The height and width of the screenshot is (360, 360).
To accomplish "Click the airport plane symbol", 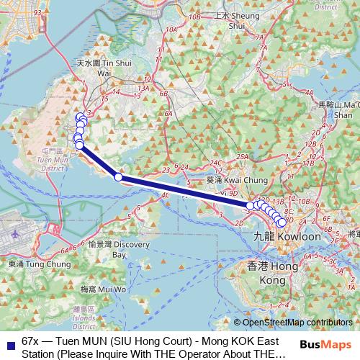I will [17, 234].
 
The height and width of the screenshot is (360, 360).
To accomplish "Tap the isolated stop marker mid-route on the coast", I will [118, 176].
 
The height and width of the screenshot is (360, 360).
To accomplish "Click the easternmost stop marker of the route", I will [282, 222].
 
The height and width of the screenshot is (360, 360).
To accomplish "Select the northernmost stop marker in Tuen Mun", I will [80, 116].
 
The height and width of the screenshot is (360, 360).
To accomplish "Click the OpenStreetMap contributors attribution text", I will [297, 323].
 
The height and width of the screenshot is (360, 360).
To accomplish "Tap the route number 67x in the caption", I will [30, 339].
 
